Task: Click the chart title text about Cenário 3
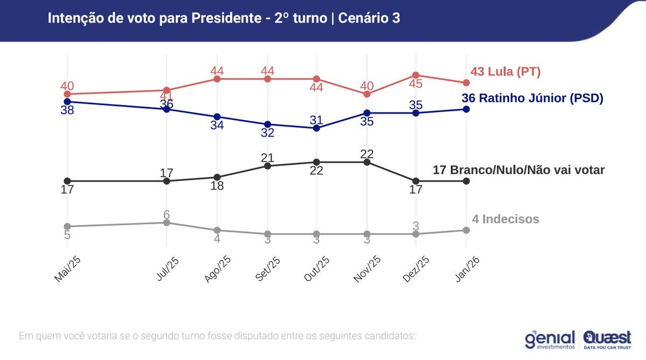pos(223,18)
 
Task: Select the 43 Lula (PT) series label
pos(505,72)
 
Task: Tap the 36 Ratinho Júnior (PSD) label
pos(532,98)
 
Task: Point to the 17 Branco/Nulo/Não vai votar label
pos(518,170)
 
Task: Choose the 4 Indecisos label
pos(505,219)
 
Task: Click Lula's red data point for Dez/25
pos(416,75)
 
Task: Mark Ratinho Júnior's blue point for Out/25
pos(317,128)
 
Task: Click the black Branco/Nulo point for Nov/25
pos(367,161)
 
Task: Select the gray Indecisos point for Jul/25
pos(167,222)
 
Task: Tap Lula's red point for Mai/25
pos(67,94)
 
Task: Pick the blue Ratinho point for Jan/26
pos(466,109)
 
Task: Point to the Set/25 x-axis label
pos(267,267)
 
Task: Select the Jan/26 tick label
pos(466,267)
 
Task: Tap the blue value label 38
pos(67,110)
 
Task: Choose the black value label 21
pos(268,158)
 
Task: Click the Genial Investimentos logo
pos(549,338)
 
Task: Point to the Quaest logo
pos(607,339)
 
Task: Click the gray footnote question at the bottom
pos(217,336)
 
